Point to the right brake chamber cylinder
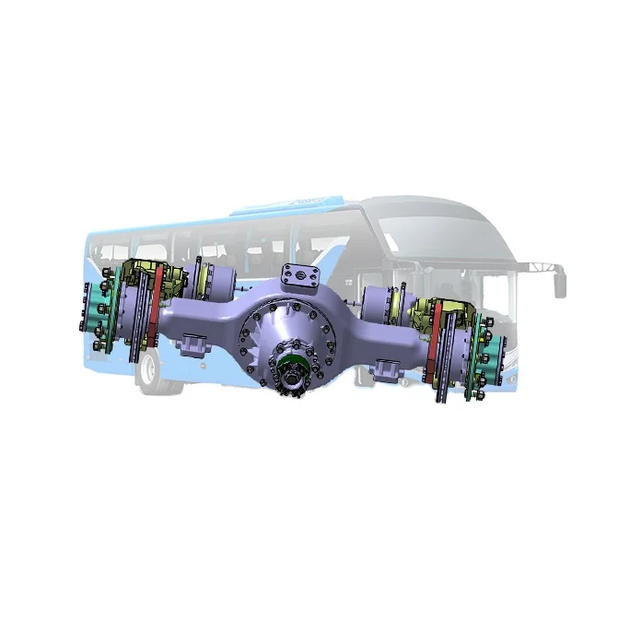pyautogui.click(x=380, y=303)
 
